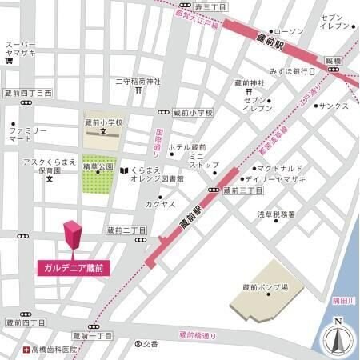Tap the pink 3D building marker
73,236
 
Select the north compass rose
338,338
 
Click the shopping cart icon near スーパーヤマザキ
9,61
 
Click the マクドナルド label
279,169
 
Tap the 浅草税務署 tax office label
275,214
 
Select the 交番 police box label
150,344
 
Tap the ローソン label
289,31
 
